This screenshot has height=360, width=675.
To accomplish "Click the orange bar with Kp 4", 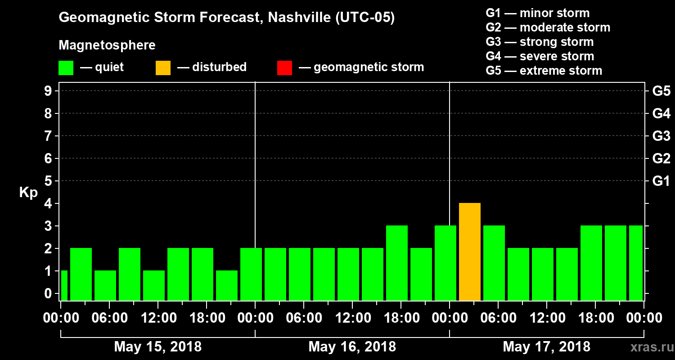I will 470,252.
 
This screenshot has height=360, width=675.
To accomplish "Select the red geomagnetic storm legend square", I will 284,67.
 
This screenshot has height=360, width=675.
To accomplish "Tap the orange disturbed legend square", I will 163,67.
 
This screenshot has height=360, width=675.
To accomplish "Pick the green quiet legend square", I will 66,67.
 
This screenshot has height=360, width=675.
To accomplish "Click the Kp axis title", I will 28,193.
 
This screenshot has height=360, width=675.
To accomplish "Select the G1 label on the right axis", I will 661,181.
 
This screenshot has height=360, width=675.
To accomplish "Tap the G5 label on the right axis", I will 661,91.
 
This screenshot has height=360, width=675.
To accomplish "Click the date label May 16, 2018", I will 352,347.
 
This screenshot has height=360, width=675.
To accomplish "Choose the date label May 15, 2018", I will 158,347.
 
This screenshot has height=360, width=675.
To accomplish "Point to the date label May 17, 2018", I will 546,347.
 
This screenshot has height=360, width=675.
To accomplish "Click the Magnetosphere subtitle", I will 107,45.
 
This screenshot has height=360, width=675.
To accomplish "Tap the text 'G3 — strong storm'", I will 540,42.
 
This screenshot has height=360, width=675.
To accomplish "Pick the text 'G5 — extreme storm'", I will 544,71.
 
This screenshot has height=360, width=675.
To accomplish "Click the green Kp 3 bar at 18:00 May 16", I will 397,263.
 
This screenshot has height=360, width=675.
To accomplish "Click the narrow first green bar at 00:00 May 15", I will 64,285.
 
